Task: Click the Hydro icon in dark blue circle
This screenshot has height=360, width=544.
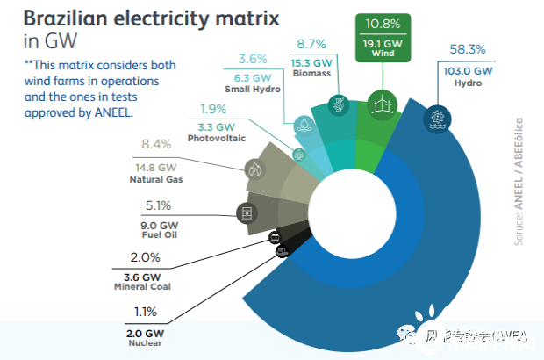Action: click(x=435, y=119)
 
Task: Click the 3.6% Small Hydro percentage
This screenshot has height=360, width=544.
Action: click(x=253, y=59)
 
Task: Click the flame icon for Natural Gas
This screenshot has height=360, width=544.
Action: click(x=255, y=169)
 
